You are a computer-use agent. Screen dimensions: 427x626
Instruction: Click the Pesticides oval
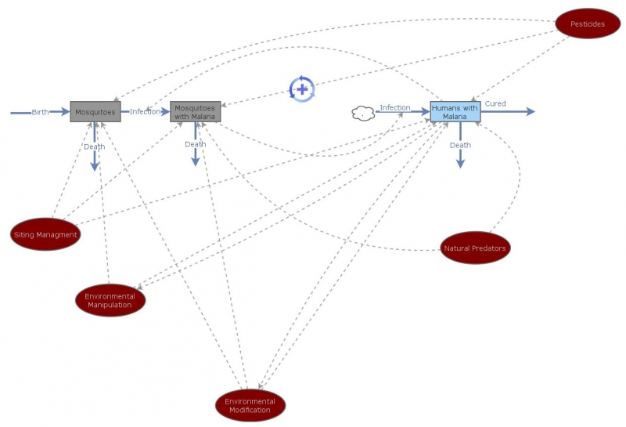click(x=587, y=24)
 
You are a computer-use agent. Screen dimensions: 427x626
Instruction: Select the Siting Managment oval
click(x=46, y=234)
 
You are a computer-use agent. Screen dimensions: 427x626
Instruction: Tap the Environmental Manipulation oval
click(x=110, y=300)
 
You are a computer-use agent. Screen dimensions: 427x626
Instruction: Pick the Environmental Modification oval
click(x=250, y=405)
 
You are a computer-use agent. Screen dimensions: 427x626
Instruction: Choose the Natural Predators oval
click(x=475, y=248)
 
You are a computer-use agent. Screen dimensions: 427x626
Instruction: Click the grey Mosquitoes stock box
click(x=95, y=112)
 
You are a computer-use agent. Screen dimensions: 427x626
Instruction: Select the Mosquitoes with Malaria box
click(x=196, y=112)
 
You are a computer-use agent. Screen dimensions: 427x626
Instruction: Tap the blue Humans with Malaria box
click(x=455, y=112)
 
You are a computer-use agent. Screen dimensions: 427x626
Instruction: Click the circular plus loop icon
click(x=302, y=89)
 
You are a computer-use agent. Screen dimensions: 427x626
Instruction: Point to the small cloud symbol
click(x=363, y=114)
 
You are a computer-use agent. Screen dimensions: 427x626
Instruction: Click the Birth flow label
click(x=40, y=112)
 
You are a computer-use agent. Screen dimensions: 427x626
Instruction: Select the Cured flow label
click(x=495, y=103)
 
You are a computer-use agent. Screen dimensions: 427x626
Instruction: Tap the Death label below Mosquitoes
click(x=95, y=147)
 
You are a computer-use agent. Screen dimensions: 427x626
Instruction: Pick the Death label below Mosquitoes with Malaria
click(x=196, y=144)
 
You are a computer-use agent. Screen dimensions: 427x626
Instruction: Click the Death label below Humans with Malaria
click(x=460, y=145)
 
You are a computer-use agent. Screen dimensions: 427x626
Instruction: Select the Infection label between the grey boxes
click(x=145, y=112)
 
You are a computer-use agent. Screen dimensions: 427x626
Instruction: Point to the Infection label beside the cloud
click(x=395, y=107)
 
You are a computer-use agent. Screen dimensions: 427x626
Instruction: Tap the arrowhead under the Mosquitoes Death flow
click(x=95, y=166)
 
